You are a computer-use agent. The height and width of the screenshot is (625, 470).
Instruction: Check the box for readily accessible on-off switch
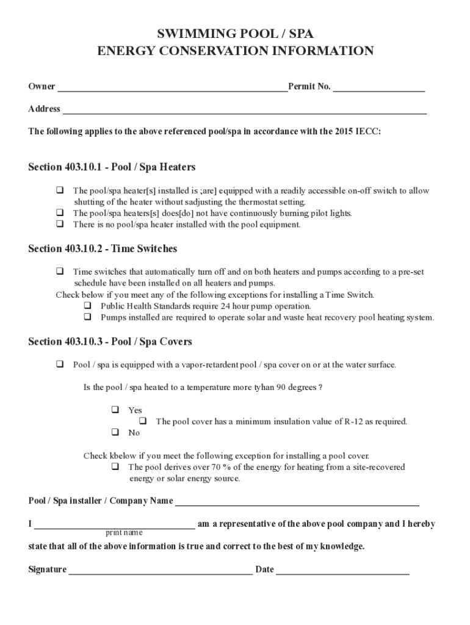[x=60, y=190]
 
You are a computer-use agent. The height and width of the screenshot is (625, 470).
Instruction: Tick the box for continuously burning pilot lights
[x=60, y=213]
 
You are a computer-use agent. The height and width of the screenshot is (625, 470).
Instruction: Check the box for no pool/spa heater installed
[x=60, y=224]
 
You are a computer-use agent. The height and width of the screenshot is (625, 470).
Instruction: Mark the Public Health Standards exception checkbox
[x=88, y=306]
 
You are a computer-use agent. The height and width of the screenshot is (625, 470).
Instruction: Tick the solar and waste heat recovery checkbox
[x=88, y=317]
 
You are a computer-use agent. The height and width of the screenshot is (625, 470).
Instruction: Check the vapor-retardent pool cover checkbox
[x=60, y=364]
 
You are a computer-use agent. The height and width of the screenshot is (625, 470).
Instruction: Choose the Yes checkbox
[x=115, y=410]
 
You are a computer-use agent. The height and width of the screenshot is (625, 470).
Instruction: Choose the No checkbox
[x=115, y=432]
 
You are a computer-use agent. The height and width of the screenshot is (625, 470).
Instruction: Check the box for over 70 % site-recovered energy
[x=115, y=467]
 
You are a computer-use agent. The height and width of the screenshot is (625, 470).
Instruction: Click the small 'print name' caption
[x=124, y=533]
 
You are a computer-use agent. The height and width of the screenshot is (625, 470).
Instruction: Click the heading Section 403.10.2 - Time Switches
[x=103, y=248]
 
